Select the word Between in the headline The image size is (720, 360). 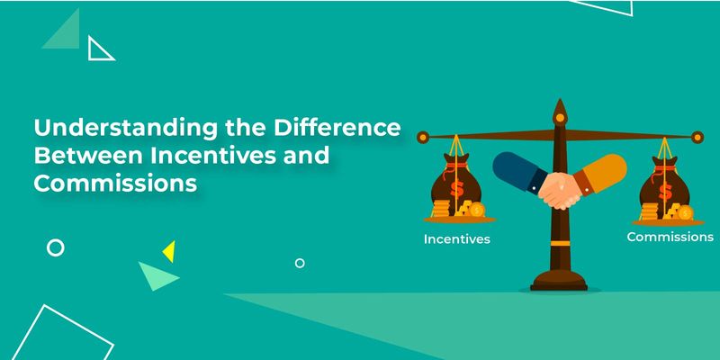[x=77, y=157]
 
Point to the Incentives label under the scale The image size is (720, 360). [x=458, y=240]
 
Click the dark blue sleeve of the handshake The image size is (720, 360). [x=515, y=171]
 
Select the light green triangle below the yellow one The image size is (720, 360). [x=157, y=274]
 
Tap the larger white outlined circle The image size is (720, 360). [x=55, y=247]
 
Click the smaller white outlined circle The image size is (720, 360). [x=300, y=263]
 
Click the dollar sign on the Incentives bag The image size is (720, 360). [x=456, y=186]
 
